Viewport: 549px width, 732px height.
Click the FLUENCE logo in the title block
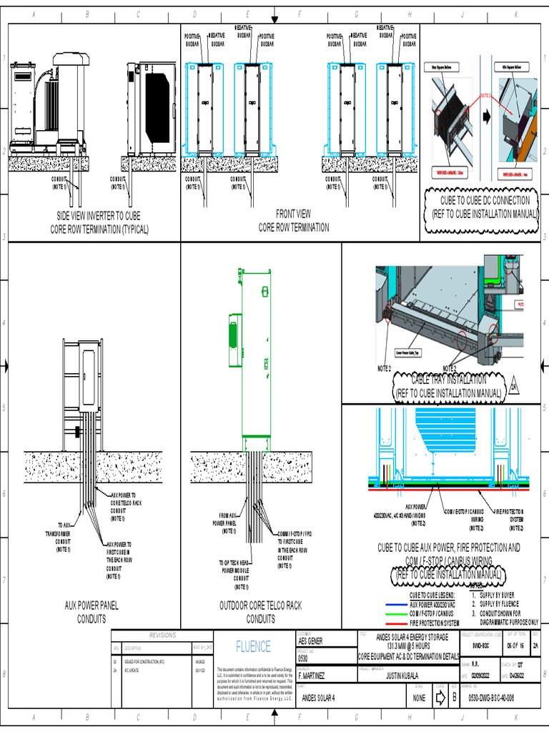click(253, 646)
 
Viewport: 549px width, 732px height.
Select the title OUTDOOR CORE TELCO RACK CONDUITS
click(260, 612)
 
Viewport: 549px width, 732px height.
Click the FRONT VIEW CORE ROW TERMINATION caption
click(294, 220)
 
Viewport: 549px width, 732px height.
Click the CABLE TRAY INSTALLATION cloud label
click(449, 386)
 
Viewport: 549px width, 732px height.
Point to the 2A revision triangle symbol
click(513, 388)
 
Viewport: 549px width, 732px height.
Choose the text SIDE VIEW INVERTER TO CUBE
click(95, 215)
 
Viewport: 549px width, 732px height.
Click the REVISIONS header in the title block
click(162, 635)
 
